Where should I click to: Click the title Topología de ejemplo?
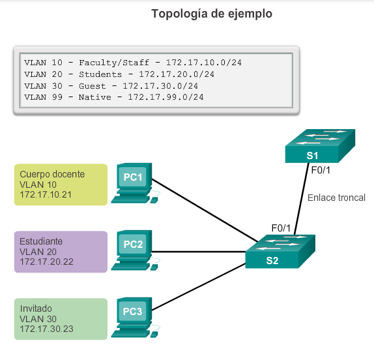click(x=212, y=14)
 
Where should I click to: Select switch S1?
click(x=320, y=146)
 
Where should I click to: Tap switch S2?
click(x=280, y=252)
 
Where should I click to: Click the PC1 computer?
click(x=135, y=183)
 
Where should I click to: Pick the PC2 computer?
click(x=135, y=250)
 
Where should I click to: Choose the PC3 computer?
click(x=135, y=317)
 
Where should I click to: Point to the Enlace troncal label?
click(x=336, y=198)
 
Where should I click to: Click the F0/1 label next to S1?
click(x=321, y=170)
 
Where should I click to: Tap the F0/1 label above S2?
click(x=281, y=228)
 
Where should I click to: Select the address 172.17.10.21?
click(x=46, y=194)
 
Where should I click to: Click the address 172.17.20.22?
click(x=46, y=262)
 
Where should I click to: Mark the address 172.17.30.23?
click(x=46, y=329)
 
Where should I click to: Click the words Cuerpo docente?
click(x=52, y=174)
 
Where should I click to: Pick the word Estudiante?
click(x=41, y=241)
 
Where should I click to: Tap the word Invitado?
click(x=36, y=308)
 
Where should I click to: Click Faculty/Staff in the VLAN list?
click(x=114, y=63)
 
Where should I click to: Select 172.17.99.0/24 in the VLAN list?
click(x=165, y=97)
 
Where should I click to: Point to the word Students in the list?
click(x=100, y=74)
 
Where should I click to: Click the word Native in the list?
click(x=95, y=97)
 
